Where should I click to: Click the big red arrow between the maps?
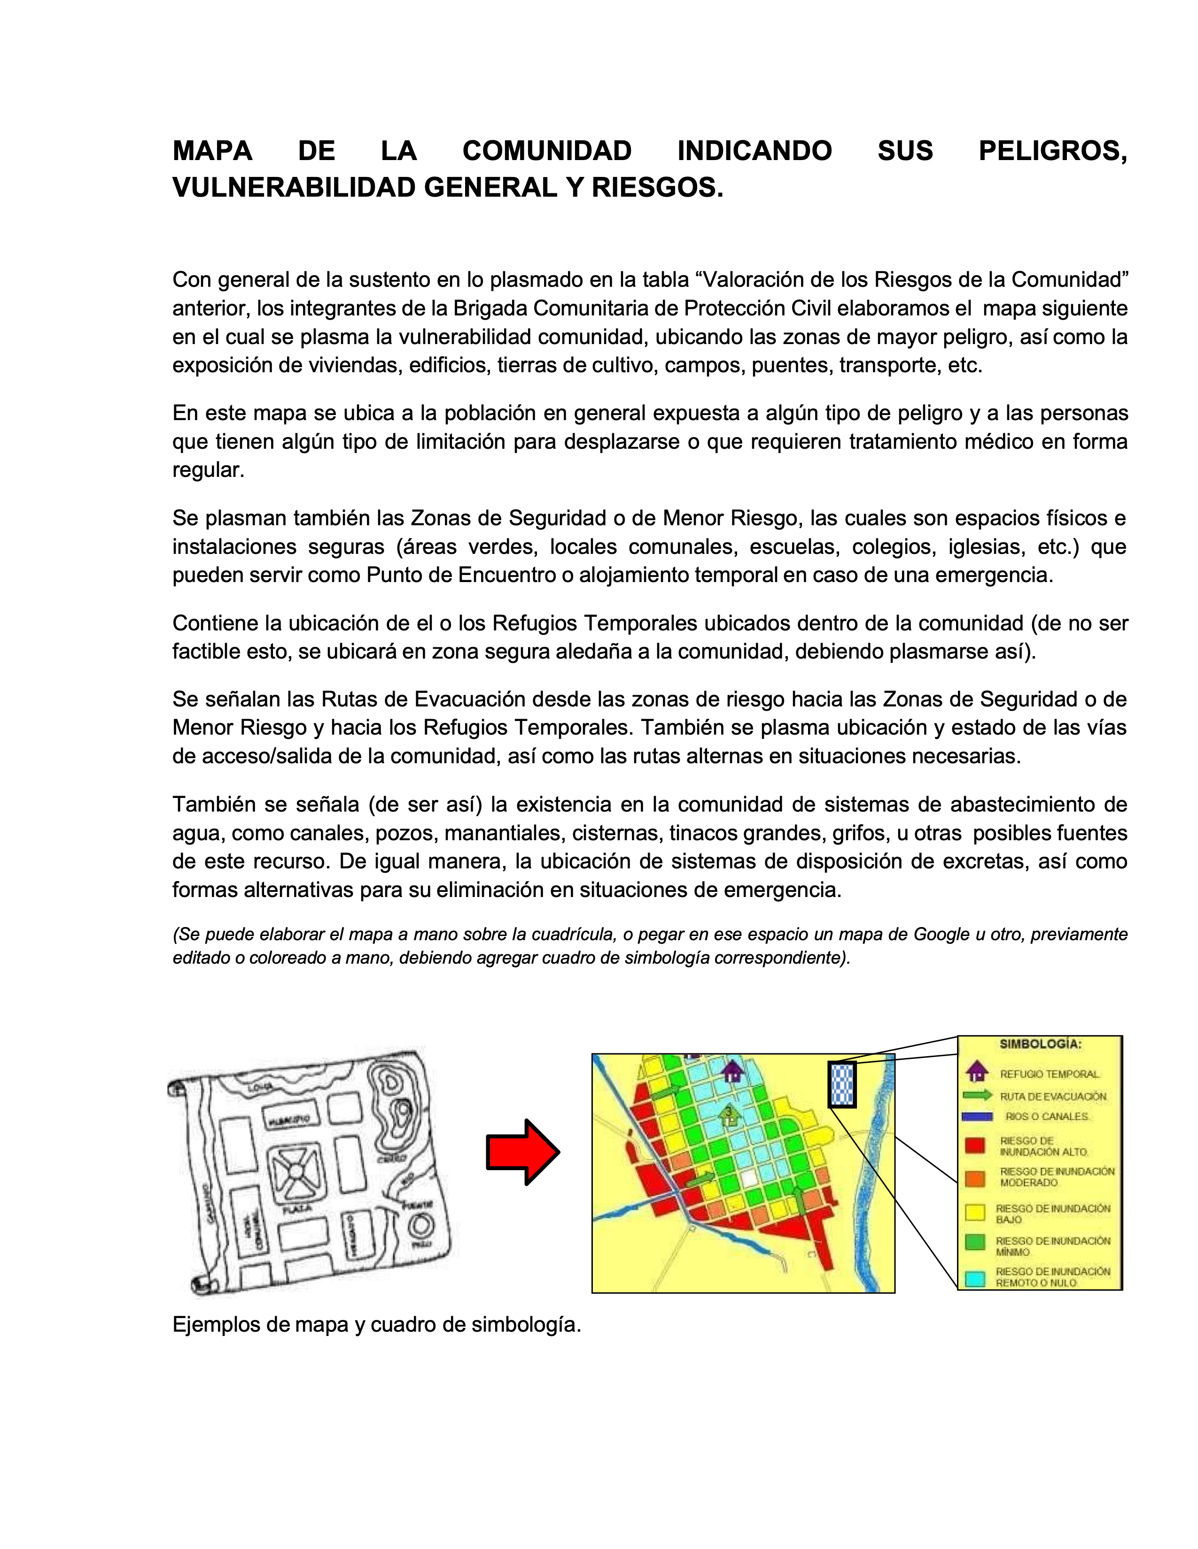pos(521,1152)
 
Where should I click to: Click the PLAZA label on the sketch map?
pos(296,1209)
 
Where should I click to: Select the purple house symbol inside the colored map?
pos(732,1071)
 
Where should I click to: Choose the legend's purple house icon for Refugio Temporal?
pos(977,1072)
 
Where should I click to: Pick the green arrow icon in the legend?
pos(977,1095)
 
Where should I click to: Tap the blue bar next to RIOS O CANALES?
pos(977,1116)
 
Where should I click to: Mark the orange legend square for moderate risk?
pos(976,1177)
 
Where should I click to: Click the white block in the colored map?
pos(749,1178)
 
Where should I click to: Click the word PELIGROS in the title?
pos(1052,151)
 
